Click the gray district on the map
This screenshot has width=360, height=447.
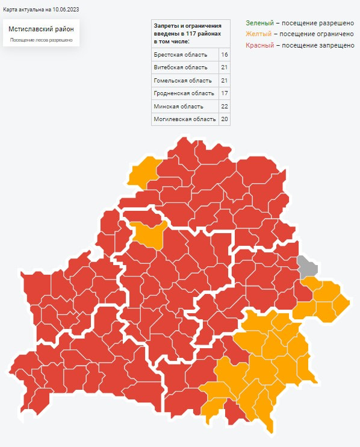tap(307, 266)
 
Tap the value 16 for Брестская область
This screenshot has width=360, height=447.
tap(224, 55)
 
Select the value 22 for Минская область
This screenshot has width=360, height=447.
tap(224, 106)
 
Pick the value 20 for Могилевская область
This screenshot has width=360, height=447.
tap(224, 119)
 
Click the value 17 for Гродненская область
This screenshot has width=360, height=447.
tap(224, 93)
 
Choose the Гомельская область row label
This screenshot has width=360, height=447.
tap(182, 80)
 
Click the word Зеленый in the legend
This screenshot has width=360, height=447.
tap(258, 22)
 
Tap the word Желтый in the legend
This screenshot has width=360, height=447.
tap(258, 34)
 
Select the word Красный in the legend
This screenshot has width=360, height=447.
tap(260, 45)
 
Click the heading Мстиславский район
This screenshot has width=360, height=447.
tap(42, 29)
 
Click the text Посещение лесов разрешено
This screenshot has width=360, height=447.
tap(42, 40)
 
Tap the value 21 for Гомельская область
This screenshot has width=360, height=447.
tap(224, 80)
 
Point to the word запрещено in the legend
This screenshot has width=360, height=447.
tap(338, 45)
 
